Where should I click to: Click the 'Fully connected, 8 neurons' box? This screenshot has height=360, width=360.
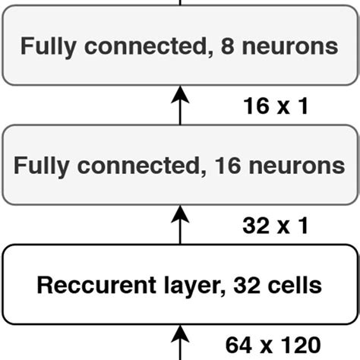[x=180, y=47]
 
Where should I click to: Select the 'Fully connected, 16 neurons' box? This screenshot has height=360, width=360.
[x=180, y=165]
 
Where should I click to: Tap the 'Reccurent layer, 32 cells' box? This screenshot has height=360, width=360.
[x=180, y=285]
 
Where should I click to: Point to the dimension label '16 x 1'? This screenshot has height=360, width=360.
[x=275, y=106]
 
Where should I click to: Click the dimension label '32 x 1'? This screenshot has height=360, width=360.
[x=275, y=225]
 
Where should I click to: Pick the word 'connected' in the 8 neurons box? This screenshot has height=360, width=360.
[x=138, y=47]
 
